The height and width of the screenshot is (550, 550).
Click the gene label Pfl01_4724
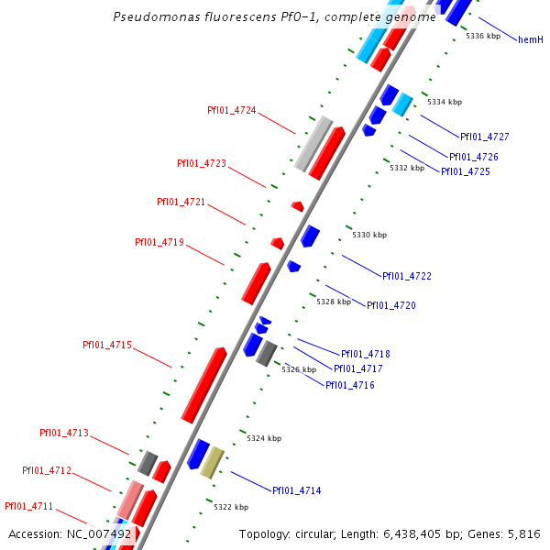tap(231, 110)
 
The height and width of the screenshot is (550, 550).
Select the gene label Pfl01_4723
tap(201, 163)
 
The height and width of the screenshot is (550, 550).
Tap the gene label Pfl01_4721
tap(181, 202)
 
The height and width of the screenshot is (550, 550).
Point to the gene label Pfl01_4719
tap(159, 242)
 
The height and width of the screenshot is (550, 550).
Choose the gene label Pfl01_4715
tap(107, 345)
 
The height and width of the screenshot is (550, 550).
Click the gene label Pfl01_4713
tap(64, 433)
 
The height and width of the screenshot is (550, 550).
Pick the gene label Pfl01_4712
tap(47, 470)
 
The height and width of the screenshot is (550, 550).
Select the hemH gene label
tap(531, 39)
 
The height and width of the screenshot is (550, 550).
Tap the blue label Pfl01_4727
tap(484, 137)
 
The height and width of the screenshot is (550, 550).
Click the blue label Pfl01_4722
tap(406, 276)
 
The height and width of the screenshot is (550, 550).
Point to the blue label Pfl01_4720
tap(390, 305)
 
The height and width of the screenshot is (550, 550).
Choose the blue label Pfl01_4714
tap(296, 491)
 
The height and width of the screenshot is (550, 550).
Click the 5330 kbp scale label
tap(369, 236)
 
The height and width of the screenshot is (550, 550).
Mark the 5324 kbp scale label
tap(262, 438)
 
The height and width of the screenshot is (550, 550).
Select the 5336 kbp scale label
tap(483, 36)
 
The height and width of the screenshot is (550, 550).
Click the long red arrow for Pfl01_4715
tap(203, 385)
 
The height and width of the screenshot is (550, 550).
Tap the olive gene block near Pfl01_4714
tap(212, 463)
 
